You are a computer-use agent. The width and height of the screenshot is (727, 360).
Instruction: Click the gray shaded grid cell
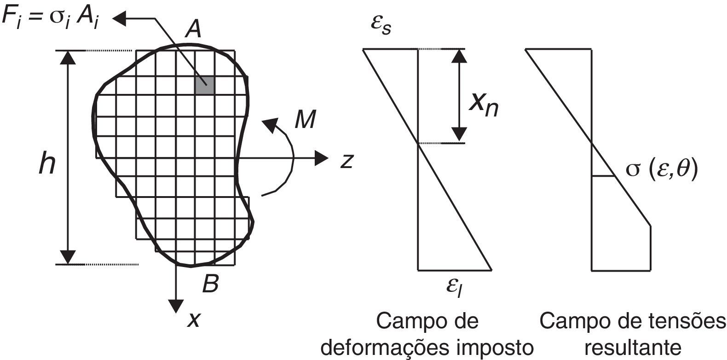pyautogui.click(x=204, y=86)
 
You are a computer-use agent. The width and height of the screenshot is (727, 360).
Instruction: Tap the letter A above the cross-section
pyautogui.click(x=192, y=30)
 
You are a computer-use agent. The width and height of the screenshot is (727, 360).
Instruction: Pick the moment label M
pyautogui.click(x=305, y=120)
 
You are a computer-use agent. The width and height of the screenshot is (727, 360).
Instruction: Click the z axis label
pyautogui.click(x=347, y=161)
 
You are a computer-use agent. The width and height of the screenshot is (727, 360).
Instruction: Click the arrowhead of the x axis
pyautogui.click(x=176, y=306)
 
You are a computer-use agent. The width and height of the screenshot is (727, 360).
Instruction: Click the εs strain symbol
pyautogui.click(x=382, y=24)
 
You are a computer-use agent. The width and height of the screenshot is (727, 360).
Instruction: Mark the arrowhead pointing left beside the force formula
pyautogui.click(x=121, y=18)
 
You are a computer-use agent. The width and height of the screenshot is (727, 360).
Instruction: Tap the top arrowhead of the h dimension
pyautogui.click(x=68, y=57)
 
